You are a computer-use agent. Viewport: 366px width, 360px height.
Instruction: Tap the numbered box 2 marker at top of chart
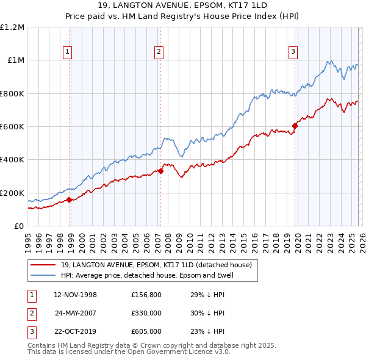(158, 52)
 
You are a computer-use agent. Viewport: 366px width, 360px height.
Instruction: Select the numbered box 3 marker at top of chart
(293, 52)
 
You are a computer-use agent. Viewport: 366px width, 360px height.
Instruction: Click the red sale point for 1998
(69, 200)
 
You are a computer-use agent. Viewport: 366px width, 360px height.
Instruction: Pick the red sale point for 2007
(160, 171)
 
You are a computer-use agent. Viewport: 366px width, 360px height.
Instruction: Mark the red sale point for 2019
(295, 126)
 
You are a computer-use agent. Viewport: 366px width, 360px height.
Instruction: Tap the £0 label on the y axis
(20, 226)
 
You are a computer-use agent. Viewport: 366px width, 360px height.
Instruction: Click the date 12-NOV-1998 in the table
(76, 295)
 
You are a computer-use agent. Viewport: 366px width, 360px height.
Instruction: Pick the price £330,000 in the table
(146, 313)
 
